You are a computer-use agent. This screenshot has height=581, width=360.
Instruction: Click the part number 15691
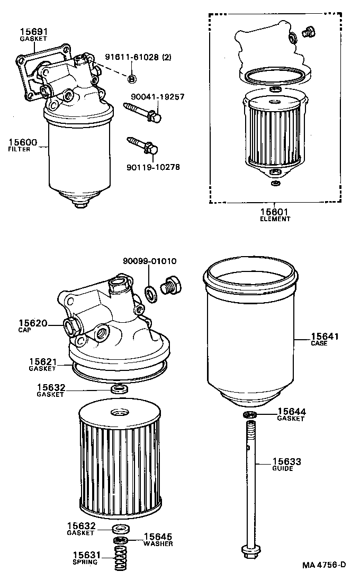(33, 31)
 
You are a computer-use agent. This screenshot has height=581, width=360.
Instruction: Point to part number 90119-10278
(153, 167)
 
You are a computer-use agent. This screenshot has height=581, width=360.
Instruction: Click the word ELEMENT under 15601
(275, 219)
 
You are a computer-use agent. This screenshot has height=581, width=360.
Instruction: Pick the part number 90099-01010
(149, 261)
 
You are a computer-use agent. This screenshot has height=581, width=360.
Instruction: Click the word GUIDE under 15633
(283, 468)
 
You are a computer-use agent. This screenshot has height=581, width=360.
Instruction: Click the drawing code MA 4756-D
(324, 565)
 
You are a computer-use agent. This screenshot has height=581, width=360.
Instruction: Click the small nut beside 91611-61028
(132, 79)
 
